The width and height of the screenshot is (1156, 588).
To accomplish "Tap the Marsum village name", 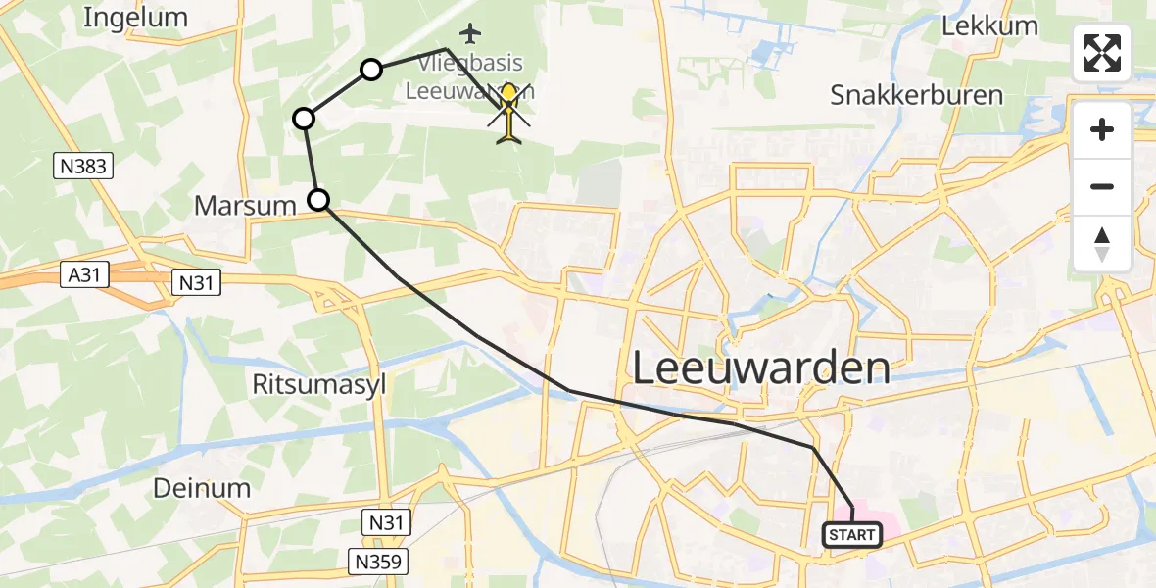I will click(245, 206).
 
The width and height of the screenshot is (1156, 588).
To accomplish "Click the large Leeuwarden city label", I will click(761, 368).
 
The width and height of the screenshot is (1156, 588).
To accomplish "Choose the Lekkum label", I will click(988, 26).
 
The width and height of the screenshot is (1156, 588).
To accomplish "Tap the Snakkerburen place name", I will click(916, 95).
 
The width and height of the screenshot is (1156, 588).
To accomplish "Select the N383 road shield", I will click(82, 167).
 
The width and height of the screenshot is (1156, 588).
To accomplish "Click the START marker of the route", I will click(852, 535).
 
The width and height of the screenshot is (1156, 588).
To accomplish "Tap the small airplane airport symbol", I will click(471, 34).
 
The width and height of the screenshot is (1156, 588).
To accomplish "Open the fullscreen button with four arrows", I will click(1102, 53).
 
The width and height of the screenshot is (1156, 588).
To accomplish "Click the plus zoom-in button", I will click(1102, 129).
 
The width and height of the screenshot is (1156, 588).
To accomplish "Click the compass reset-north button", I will click(1102, 243).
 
